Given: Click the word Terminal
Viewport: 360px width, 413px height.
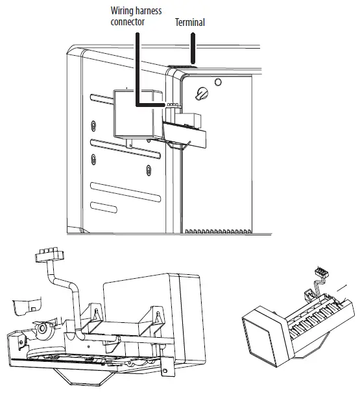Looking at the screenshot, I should pos(190,23).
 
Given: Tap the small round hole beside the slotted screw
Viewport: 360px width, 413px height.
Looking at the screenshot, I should pos(218,82).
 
